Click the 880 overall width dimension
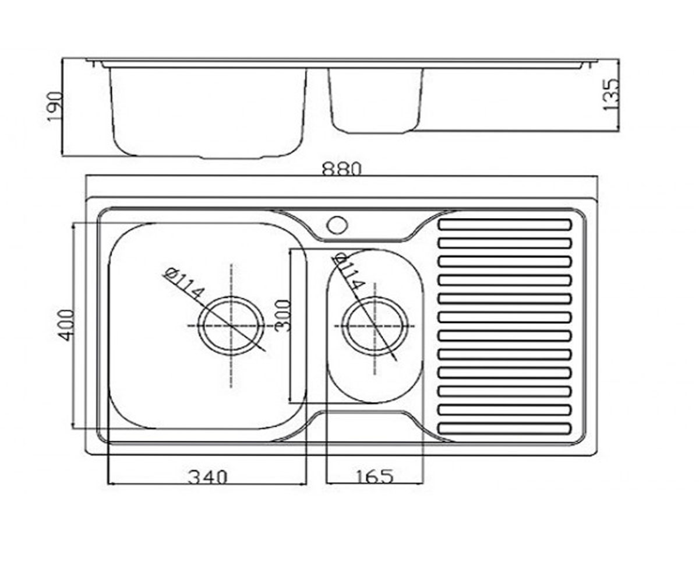[x=342, y=169]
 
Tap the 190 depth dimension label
[x=54, y=107]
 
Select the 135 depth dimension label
[x=610, y=94]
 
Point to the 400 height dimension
[x=66, y=325]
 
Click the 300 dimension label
[x=282, y=315]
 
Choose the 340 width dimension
[x=207, y=477]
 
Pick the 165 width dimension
[x=373, y=476]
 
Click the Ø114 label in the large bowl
[x=184, y=284]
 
